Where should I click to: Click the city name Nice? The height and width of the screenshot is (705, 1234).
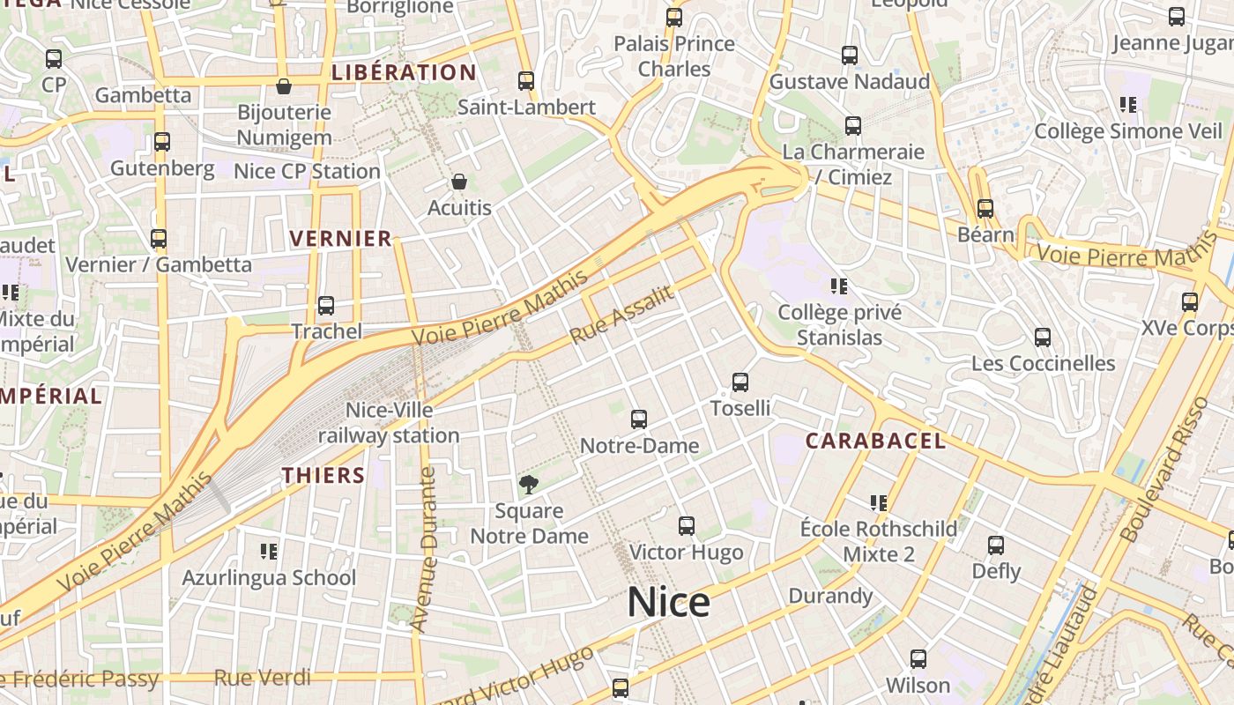tap(668, 603)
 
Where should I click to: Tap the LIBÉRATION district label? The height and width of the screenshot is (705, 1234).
tap(404, 72)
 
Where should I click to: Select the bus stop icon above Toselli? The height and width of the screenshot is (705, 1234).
tap(740, 382)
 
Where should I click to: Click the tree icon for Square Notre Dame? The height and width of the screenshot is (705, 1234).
tap(529, 484)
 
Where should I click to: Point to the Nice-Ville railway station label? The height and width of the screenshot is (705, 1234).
tap(389, 423)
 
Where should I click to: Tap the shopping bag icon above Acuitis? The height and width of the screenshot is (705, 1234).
tap(458, 182)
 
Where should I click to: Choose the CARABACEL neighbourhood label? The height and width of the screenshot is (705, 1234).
tap(875, 441)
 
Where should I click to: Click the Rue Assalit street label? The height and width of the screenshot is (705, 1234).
tap(622, 315)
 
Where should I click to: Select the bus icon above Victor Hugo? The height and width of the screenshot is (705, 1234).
tap(687, 526)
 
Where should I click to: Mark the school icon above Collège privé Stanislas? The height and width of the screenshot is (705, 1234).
tap(839, 286)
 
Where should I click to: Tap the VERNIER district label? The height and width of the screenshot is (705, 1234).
tap(340, 238)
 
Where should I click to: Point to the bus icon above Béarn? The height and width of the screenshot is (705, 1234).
tap(985, 209)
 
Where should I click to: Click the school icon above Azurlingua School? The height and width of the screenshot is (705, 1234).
tap(269, 552)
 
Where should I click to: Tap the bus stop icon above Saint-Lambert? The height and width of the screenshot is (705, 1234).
tap(526, 81)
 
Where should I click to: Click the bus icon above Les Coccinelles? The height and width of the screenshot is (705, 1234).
tap(1043, 338)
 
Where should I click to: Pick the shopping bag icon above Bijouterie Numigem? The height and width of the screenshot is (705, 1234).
tap(284, 86)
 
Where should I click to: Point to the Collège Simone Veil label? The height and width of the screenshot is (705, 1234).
tap(1128, 131)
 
